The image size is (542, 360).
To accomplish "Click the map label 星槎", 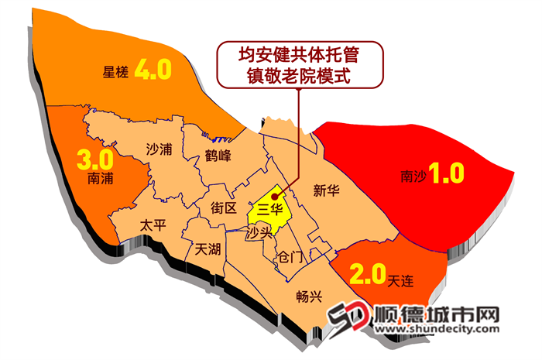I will (x=115, y=73).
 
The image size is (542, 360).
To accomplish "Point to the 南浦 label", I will (x=101, y=179).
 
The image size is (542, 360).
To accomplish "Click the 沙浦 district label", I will (x=159, y=149).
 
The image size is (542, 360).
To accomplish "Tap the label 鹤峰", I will (x=218, y=156).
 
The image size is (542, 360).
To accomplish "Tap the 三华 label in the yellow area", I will (x=269, y=209).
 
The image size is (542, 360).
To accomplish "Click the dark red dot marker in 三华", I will (x=276, y=197).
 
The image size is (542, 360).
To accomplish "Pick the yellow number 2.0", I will (x=367, y=273).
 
